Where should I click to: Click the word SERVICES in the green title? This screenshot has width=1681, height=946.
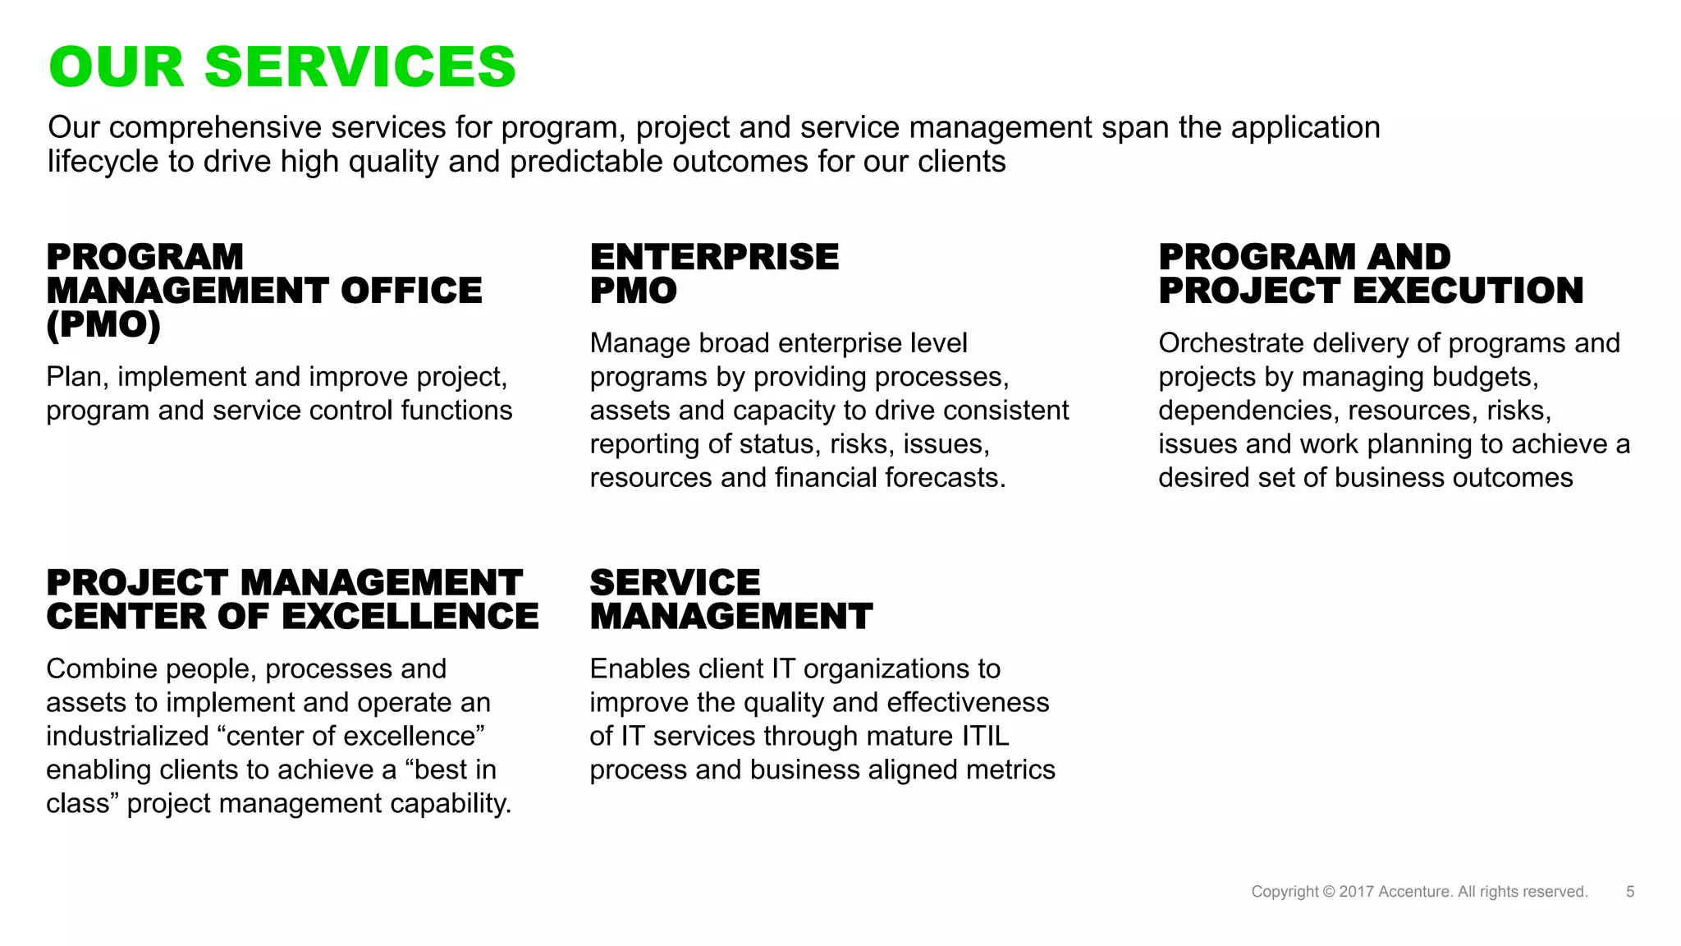360,67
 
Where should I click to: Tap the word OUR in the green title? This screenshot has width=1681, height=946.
117,67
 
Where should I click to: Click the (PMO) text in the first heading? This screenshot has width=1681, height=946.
103,324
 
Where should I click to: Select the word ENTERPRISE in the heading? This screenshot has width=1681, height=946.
714,257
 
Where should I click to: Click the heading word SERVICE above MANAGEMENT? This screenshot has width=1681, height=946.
675,583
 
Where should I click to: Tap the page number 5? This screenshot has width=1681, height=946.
1630,892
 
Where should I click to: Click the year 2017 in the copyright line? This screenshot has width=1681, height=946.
1357,892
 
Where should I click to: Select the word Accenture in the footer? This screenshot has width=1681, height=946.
1415,892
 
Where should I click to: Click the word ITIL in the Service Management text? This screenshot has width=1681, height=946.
985,736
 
